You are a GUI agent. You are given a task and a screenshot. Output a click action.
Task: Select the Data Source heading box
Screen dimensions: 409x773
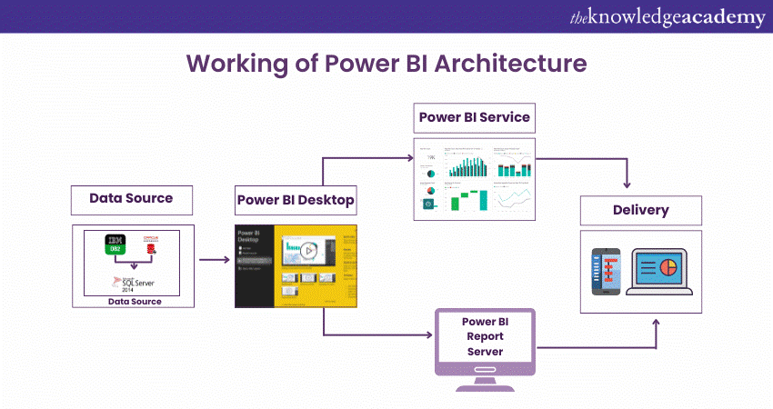[131, 198]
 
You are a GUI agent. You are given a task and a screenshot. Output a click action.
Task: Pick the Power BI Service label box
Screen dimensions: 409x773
[474, 118]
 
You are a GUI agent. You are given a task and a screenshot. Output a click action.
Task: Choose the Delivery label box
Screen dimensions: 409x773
[640, 211]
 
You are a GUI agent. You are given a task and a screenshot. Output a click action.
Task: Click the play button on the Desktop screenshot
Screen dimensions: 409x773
[309, 250]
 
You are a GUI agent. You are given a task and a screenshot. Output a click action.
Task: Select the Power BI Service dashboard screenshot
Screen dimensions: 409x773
[475, 177]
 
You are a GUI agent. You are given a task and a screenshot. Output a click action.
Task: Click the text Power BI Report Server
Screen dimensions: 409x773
[485, 336]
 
